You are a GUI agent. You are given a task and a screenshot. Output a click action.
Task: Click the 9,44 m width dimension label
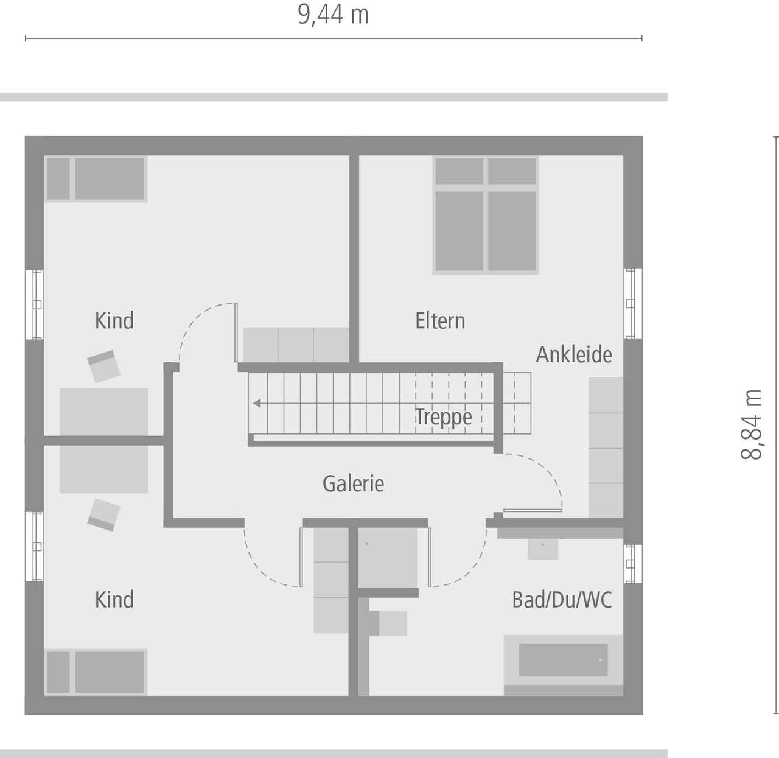(x=333, y=15)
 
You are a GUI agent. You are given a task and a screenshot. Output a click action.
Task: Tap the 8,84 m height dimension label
(x=752, y=424)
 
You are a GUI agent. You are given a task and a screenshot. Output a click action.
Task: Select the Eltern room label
(x=440, y=321)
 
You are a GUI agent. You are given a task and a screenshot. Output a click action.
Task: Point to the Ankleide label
(x=574, y=354)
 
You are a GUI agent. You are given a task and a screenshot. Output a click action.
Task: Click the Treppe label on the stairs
(x=444, y=418)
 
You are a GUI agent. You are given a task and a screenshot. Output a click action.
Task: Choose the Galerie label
(x=353, y=483)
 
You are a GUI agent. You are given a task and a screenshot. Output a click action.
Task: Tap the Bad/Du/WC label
(x=562, y=600)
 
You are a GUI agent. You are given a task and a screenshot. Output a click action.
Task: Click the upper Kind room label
(x=114, y=321)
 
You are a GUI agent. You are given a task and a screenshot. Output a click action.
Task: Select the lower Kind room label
(x=114, y=600)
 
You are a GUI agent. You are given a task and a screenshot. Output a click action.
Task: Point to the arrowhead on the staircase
(x=257, y=403)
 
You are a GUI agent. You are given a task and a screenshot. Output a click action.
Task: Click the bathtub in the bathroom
(x=563, y=660)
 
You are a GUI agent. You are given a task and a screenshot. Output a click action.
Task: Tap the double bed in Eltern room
(x=486, y=214)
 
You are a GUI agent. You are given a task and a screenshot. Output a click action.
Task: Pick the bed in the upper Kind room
(x=96, y=179)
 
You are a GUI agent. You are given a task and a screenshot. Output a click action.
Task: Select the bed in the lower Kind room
(x=96, y=672)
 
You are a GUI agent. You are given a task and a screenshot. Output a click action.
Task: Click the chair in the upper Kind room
(x=103, y=366)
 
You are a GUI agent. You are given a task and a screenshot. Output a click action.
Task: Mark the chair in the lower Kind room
(x=103, y=514)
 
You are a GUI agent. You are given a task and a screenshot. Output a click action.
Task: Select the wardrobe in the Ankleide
(x=606, y=447)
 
